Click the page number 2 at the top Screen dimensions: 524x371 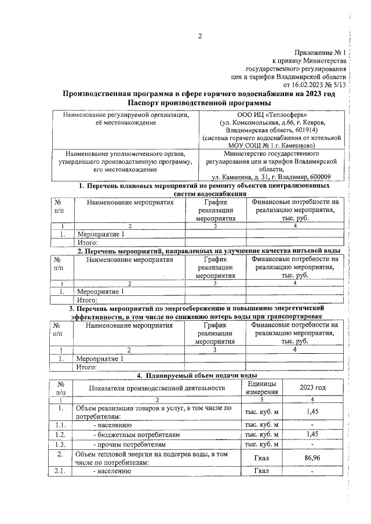200,37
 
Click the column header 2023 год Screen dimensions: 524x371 312,387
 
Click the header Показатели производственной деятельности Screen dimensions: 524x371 149,387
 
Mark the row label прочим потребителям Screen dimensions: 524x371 130,445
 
